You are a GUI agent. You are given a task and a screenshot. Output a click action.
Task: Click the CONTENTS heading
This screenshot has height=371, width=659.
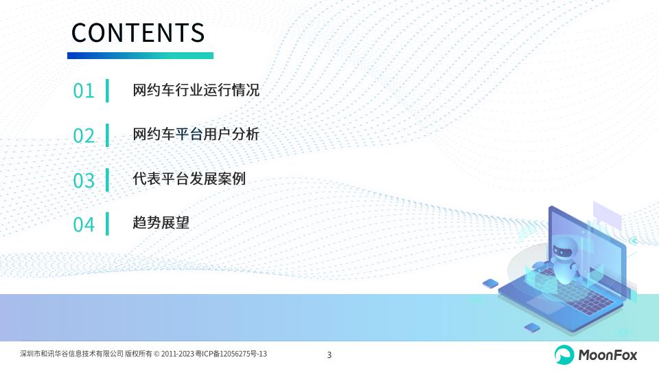point(138,33)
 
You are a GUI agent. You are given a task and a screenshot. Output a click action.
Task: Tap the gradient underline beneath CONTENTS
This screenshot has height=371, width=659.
point(140,56)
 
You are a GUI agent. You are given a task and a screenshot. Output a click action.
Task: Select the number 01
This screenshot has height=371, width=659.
point(84,91)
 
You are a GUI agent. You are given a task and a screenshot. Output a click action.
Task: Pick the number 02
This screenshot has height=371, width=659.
point(84,136)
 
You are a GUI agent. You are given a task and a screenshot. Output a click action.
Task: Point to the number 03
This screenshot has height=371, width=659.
point(84,181)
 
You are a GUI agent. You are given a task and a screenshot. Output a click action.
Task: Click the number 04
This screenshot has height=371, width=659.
point(84,225)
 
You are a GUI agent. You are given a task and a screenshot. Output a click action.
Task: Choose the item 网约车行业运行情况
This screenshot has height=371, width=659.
point(196,90)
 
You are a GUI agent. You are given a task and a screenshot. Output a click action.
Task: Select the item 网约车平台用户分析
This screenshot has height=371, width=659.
point(196,134)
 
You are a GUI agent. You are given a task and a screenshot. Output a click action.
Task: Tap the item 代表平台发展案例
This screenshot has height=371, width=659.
point(189,179)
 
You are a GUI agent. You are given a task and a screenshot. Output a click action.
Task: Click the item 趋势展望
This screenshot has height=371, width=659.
point(161,223)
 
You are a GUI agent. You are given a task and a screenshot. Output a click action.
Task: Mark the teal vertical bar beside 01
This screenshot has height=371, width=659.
point(107,91)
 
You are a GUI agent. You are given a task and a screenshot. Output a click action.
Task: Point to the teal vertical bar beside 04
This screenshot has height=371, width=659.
point(107,224)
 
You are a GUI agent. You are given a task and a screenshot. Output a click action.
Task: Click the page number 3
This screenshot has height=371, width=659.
point(329,355)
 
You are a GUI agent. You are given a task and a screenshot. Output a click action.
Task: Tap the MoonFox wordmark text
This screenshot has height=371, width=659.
point(608,355)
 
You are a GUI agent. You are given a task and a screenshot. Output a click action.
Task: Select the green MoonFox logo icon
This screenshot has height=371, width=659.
point(564,355)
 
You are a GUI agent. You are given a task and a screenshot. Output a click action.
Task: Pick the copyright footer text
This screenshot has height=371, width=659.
point(143,354)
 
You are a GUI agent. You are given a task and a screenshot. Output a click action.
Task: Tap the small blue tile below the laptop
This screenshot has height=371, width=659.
point(532,327)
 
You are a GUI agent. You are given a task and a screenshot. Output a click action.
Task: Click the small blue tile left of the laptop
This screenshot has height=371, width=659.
point(490,284)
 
